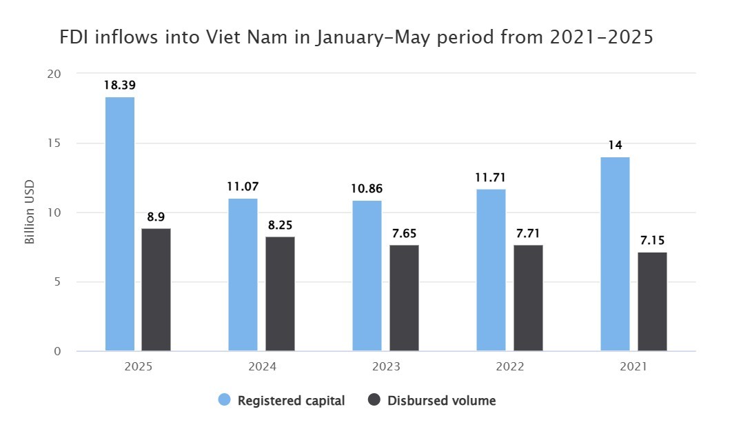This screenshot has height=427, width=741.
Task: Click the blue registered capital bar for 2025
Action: [x=120, y=224]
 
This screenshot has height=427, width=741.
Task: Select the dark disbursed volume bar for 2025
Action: [x=156, y=290]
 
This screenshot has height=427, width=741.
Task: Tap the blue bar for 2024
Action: [x=243, y=275]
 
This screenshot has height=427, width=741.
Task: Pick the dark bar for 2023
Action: [x=404, y=298]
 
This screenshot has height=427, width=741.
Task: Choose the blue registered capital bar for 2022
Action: [x=491, y=270]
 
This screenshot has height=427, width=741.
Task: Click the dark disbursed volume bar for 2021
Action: [x=652, y=301]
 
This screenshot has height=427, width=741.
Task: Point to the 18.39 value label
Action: [x=119, y=86]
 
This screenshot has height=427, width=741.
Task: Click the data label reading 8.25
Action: [x=281, y=225]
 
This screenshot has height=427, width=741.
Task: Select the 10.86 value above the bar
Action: [x=367, y=188]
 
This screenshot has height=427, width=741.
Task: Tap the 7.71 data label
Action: [x=529, y=233]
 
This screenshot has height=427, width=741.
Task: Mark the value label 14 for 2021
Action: [x=615, y=146]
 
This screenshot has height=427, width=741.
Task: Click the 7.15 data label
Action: [x=652, y=241]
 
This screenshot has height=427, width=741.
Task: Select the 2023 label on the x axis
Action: [x=385, y=368]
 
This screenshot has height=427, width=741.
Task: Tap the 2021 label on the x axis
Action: [x=633, y=368]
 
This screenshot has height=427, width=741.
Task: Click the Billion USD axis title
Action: [x=30, y=212]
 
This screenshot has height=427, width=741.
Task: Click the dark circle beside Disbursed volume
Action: [x=375, y=400]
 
